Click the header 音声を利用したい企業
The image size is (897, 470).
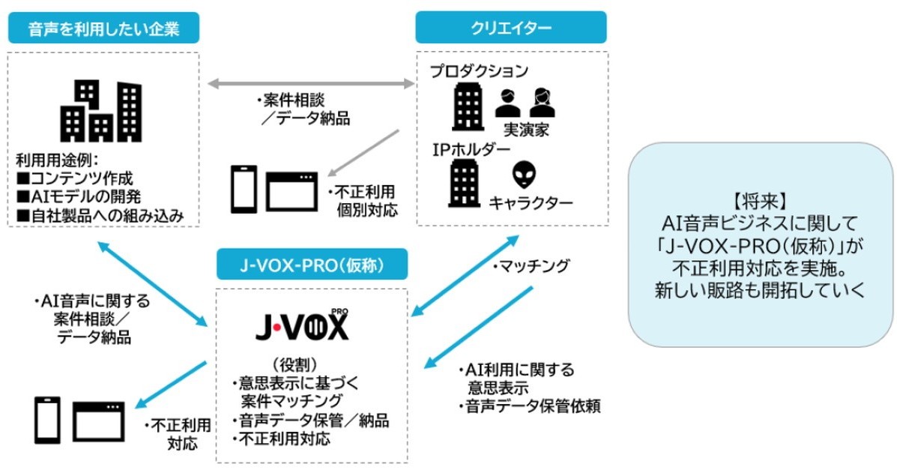tap(103, 29)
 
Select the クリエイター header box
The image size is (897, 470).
tap(511, 29)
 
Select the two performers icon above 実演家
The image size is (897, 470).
tap(525, 103)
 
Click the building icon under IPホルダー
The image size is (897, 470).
tap(465, 182)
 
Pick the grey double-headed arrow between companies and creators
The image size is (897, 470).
tap(311, 84)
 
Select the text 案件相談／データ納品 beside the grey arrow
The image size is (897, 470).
tap(303, 109)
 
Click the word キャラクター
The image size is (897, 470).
tap(531, 202)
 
